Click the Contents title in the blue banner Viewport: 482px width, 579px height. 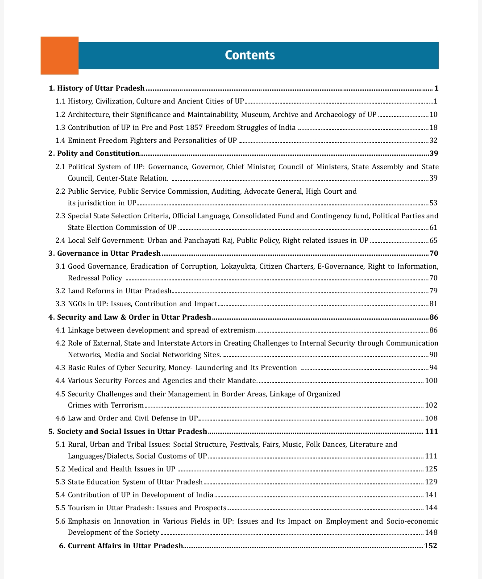pyautogui.click(x=250, y=55)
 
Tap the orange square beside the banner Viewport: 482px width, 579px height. pyautogui.click(x=59, y=55)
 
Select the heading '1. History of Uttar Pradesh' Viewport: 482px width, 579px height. pyautogui.click(x=97, y=88)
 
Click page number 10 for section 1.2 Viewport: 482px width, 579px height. pyautogui.click(x=433, y=115)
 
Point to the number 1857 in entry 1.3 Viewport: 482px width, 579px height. pyautogui.click(x=194, y=128)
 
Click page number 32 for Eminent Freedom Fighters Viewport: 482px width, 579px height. pyautogui.click(x=433, y=141)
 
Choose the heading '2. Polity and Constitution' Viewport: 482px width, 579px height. pyautogui.click(x=94, y=154)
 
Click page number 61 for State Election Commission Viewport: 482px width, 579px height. pyautogui.click(x=433, y=228)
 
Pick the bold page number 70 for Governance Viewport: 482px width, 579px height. pyautogui.click(x=434, y=254)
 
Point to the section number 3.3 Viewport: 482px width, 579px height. pyautogui.click(x=60, y=304)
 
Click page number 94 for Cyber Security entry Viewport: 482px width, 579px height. pyautogui.click(x=433, y=368)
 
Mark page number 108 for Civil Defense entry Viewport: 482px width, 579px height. pyautogui.click(x=431, y=418)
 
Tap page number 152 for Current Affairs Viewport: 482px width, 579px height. pyautogui.click(x=431, y=546)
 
